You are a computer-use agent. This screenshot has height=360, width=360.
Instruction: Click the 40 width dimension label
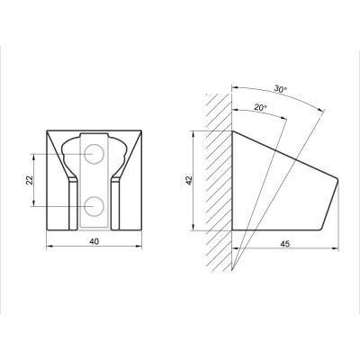coord(94,241)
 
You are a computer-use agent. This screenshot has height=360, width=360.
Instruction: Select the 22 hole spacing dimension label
coord(30,180)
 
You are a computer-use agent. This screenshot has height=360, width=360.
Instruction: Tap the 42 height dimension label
coord(189,180)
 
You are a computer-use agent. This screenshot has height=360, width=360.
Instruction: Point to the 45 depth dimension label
coord(285,244)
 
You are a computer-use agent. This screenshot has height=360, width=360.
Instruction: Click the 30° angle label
coord(281,89)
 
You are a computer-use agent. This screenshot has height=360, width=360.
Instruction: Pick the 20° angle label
coord(260,107)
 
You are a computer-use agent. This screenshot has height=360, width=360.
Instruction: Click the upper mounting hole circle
coord(94,154)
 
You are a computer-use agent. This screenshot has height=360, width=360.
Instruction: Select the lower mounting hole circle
coord(94,206)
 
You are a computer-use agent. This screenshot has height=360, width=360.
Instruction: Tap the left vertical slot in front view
coord(73,204)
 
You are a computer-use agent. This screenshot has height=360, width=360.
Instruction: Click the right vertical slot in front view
coord(115,204)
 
